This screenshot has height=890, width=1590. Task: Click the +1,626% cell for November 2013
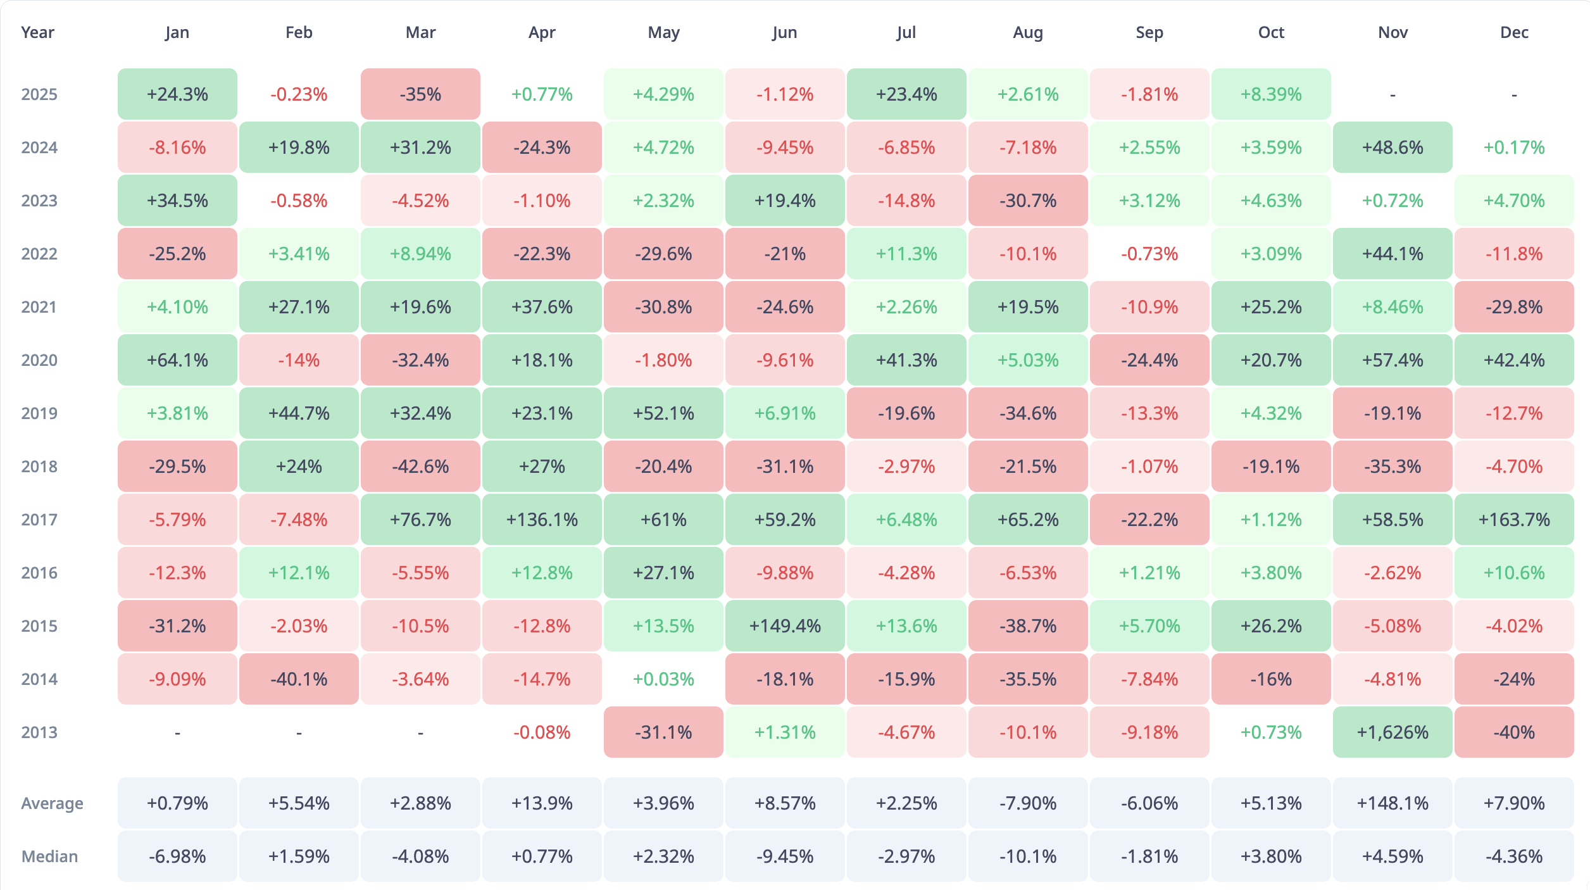[1392, 732]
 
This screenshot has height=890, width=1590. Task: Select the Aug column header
[1027, 32]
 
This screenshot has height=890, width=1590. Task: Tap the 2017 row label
[39, 520]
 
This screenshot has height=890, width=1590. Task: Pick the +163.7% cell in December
[1513, 520]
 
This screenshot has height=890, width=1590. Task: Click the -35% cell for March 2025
[420, 94]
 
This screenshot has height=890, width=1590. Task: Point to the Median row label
[49, 856]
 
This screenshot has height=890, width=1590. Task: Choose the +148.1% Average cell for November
[1392, 803]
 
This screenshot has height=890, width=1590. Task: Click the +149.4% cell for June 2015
[785, 626]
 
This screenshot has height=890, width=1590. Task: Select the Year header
[37, 32]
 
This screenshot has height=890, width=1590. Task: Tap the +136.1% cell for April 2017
[542, 520]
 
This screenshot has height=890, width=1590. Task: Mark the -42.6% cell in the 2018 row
[420, 467]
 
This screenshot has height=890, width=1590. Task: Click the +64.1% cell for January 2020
[177, 360]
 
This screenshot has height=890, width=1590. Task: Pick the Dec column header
[1513, 32]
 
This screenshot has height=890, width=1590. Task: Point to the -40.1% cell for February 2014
[299, 679]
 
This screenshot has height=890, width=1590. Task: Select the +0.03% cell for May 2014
[663, 679]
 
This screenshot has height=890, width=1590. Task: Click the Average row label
[52, 803]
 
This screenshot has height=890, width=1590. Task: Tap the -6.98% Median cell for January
[177, 856]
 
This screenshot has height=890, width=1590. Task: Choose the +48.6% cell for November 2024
[1392, 147]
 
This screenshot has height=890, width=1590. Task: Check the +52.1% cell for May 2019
[663, 413]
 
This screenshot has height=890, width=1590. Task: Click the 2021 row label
[39, 307]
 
